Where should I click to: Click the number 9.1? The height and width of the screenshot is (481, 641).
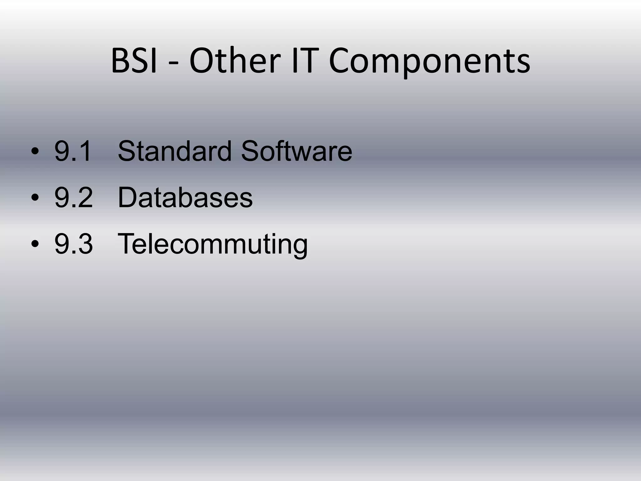click(x=73, y=151)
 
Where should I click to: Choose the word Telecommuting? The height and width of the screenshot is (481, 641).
click(x=213, y=244)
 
